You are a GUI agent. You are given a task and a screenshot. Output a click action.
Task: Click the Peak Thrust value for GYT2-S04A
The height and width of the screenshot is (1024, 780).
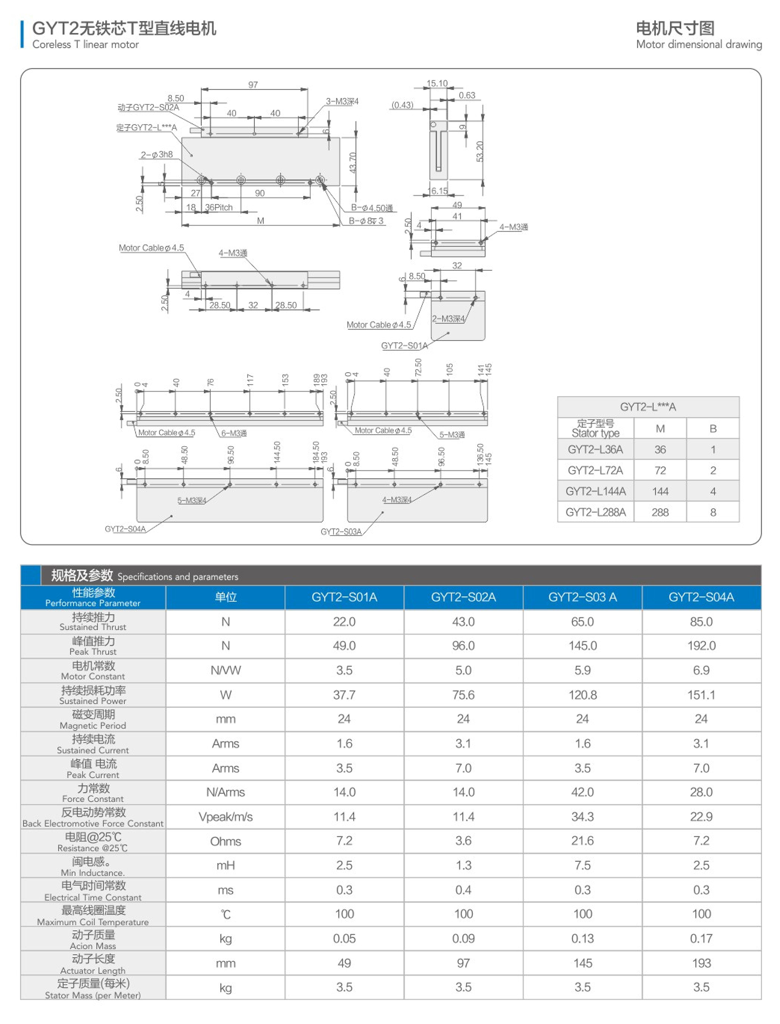pos(701,646)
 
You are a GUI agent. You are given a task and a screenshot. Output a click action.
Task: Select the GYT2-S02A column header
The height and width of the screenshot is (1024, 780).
pos(464,597)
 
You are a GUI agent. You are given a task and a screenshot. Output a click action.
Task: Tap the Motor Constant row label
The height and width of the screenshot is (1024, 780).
pos(93,670)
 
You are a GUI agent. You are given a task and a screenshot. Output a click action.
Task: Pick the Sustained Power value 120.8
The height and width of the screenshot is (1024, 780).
pos(583,695)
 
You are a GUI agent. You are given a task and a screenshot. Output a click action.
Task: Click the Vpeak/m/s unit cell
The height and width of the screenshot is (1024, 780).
pos(225,817)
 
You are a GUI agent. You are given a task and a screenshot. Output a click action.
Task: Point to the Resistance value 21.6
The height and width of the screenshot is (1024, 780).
pos(583,841)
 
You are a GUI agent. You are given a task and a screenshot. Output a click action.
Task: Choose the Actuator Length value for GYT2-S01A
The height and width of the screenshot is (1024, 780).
pos(344,963)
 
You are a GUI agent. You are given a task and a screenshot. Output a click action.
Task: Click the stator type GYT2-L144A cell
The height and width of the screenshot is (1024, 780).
pos(596,491)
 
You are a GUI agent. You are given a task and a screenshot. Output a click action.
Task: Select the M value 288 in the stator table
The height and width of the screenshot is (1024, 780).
pos(660,512)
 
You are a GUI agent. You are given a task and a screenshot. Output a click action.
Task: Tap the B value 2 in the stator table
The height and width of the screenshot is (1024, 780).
pos(713,471)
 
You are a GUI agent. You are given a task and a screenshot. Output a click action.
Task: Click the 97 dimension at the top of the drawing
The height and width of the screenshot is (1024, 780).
pos(253,85)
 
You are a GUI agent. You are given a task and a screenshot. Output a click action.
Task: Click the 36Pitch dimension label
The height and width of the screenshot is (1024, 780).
pos(219,208)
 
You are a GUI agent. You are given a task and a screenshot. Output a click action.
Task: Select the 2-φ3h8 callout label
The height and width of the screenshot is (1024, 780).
pos(157,155)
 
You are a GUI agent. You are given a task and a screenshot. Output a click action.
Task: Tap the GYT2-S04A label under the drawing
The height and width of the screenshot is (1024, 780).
pos(125,529)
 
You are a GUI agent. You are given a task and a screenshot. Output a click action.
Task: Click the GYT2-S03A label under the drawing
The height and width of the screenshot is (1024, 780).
pos(341,532)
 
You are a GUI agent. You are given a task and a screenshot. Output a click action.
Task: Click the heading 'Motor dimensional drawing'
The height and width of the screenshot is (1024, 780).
pos(699,45)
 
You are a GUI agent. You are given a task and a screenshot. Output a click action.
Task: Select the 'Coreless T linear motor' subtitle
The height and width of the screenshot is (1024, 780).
pos(85,45)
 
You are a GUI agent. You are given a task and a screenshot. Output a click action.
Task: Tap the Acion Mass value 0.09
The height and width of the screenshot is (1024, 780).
pos(464,939)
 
